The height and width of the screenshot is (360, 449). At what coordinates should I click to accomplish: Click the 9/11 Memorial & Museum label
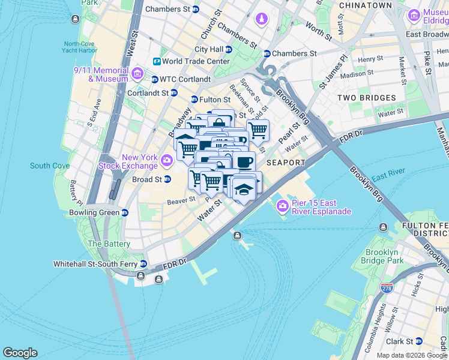tap(101, 74)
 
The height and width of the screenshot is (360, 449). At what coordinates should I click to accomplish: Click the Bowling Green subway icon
tap(124, 212)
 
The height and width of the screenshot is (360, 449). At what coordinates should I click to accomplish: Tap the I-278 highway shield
tap(387, 289)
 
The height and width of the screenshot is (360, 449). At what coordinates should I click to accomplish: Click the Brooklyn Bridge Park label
tap(385, 256)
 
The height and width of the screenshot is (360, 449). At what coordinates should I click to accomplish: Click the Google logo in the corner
tap(20, 352)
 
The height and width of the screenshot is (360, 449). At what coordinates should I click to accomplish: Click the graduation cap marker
tap(243, 190)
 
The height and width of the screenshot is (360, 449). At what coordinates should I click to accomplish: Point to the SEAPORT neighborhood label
tap(286, 163)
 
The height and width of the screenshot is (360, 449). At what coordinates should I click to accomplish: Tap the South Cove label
tap(50, 166)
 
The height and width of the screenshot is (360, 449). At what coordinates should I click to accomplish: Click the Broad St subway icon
tap(167, 179)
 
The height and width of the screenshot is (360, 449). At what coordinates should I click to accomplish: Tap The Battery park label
tap(109, 244)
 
